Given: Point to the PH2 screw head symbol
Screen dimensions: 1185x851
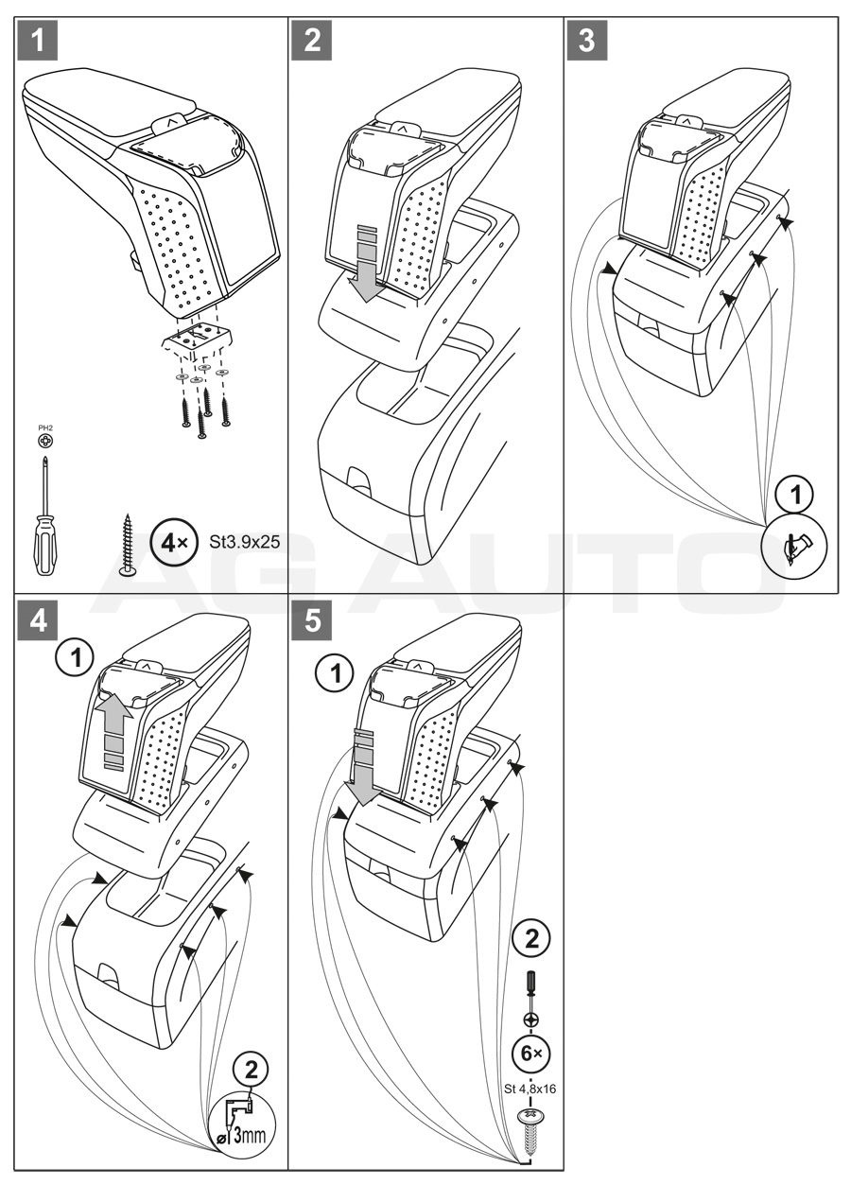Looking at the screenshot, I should pos(45,440).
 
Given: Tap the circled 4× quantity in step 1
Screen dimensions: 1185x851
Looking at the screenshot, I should pos(171,545).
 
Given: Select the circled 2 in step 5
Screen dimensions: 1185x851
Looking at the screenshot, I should pos(530,938).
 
